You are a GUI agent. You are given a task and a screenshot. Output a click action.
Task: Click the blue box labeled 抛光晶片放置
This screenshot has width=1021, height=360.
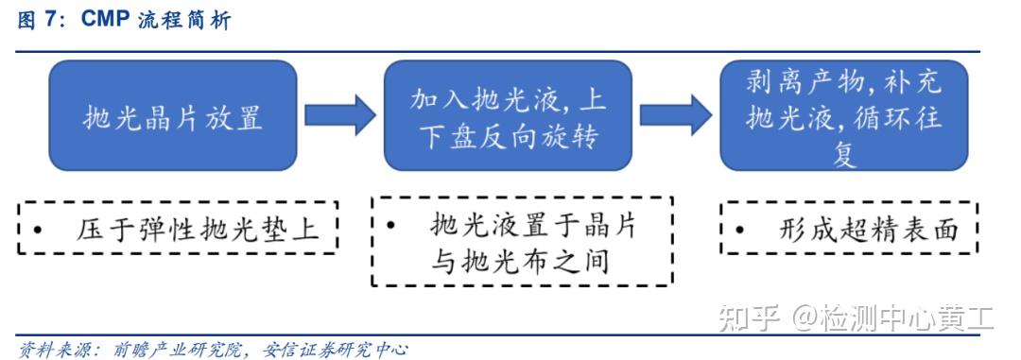pyautogui.click(x=172, y=115)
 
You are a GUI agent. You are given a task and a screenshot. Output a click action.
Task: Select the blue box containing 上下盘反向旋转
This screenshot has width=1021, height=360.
pyautogui.click(x=508, y=115)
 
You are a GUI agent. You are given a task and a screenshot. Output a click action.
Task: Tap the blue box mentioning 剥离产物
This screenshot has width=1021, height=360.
pyautogui.click(x=843, y=115)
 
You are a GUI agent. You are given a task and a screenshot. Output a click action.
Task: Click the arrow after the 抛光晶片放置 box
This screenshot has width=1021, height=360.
pyautogui.click(x=339, y=115)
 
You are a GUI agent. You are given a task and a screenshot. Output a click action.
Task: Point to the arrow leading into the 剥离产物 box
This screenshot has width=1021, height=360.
pyautogui.click(x=675, y=115)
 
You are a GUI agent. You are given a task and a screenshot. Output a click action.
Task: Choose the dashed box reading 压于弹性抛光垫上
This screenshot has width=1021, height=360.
pyautogui.click(x=178, y=228)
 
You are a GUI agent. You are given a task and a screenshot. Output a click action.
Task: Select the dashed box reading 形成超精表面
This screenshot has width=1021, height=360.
pyautogui.click(x=848, y=228)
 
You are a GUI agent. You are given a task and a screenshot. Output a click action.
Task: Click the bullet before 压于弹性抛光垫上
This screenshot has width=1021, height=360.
pyautogui.click(x=37, y=230)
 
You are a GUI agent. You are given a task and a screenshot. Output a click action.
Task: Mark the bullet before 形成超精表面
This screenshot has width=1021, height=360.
pyautogui.click(x=738, y=230)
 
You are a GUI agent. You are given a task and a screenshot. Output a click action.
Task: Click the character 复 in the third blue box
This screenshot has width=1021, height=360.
pyautogui.click(x=843, y=154)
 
